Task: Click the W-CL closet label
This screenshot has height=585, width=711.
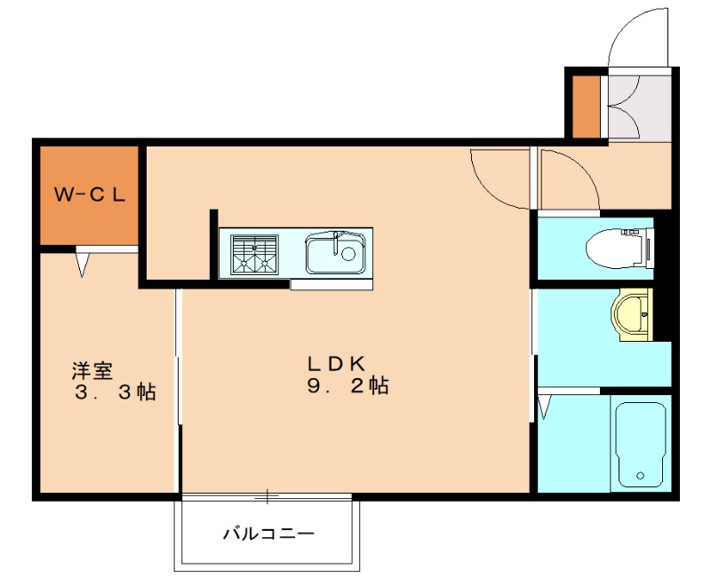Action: pos(89,194)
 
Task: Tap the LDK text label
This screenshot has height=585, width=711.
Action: pos(337,363)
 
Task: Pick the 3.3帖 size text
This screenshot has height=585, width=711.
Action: pos(115,391)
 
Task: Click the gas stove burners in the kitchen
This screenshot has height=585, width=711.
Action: pos(254,253)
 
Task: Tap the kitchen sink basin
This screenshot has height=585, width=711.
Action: pos(335,255)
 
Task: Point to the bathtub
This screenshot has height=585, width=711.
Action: pos(640,444)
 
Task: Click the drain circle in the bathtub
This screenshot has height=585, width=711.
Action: pos(640,477)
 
